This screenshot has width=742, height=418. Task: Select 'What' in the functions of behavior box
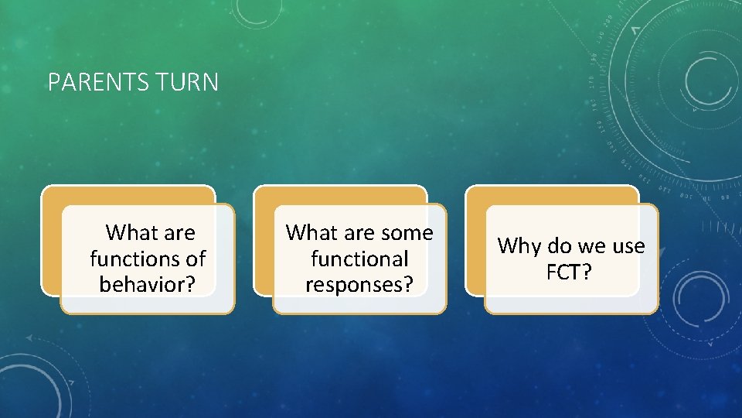129,232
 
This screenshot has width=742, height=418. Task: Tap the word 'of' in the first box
193,258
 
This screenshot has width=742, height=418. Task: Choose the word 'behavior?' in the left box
147,284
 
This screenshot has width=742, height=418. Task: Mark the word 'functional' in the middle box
359,258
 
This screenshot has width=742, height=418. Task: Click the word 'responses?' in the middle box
359,284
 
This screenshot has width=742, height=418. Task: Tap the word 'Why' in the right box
519,246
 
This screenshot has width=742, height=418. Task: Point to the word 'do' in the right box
559,246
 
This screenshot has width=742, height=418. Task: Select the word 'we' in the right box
591,246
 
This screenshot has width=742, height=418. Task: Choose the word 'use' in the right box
628,246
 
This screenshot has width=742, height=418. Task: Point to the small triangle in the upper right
635,30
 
